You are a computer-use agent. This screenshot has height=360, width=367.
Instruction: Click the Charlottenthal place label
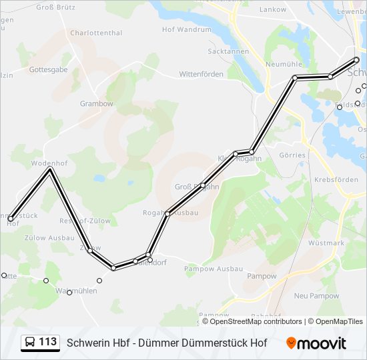tap(96, 33)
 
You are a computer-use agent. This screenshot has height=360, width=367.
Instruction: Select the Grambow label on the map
tap(97, 104)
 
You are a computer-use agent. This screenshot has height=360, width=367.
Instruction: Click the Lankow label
tap(272, 10)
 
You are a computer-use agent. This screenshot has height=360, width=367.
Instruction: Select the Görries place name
tap(292, 155)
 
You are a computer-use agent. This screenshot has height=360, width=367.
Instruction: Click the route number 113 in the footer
tap(47, 342)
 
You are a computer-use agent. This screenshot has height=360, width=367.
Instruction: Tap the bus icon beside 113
tap(30, 343)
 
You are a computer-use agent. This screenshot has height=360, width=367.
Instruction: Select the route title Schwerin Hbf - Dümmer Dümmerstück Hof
tap(167, 343)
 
